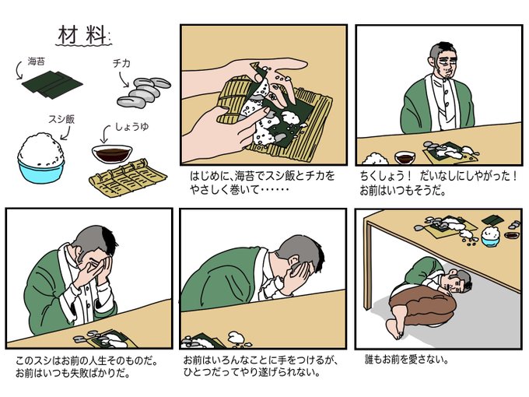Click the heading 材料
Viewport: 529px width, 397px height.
point(83,35)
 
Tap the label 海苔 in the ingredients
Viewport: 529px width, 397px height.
point(36,61)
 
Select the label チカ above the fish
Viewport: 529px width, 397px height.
point(121,63)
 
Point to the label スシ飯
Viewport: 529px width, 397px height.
point(61,119)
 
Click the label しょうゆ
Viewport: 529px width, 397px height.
point(132,127)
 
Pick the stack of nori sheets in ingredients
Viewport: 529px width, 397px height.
point(52,84)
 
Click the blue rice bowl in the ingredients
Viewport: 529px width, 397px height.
point(41,170)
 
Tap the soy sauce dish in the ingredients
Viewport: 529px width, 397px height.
point(112,154)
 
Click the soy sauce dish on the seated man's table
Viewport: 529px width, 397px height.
point(405,157)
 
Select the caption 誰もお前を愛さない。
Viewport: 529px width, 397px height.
point(407,359)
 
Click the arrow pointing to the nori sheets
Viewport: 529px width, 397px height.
point(19,70)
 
